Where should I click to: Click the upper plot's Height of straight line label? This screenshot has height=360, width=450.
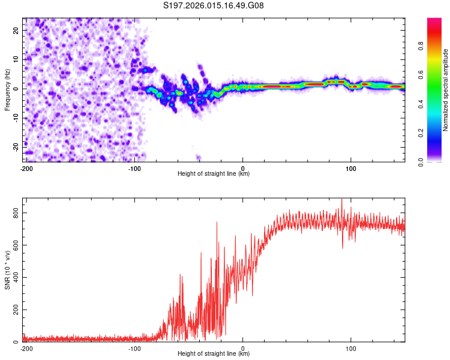[214, 173]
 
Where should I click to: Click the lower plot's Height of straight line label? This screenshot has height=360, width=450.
[214, 353]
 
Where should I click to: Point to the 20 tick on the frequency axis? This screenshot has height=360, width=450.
[17, 30]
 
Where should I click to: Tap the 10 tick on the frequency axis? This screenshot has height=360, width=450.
[17, 59]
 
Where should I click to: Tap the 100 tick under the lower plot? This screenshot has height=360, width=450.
[351, 348]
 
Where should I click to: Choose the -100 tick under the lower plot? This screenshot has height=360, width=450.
[134, 348]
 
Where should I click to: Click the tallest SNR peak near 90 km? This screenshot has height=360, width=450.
[342, 200]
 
